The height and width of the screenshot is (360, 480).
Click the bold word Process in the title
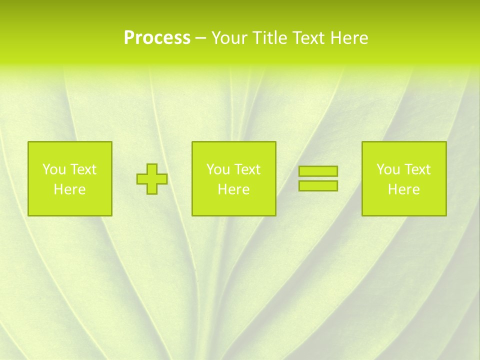(157, 38)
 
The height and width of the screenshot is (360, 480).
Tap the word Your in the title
(227, 38)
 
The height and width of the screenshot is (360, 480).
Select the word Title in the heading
(268, 38)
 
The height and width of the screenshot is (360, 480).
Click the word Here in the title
(349, 38)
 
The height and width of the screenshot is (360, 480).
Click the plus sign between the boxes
(152, 178)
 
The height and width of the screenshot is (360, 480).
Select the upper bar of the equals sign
(318, 171)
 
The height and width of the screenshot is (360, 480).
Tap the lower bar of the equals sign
(318, 185)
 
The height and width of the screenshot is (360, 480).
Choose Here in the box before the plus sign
(69, 189)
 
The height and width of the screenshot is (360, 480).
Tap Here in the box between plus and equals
(233, 189)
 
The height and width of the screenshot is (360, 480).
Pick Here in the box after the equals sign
(403, 189)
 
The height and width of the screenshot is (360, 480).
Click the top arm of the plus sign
(152, 168)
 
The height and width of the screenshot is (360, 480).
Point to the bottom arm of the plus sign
(152, 189)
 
